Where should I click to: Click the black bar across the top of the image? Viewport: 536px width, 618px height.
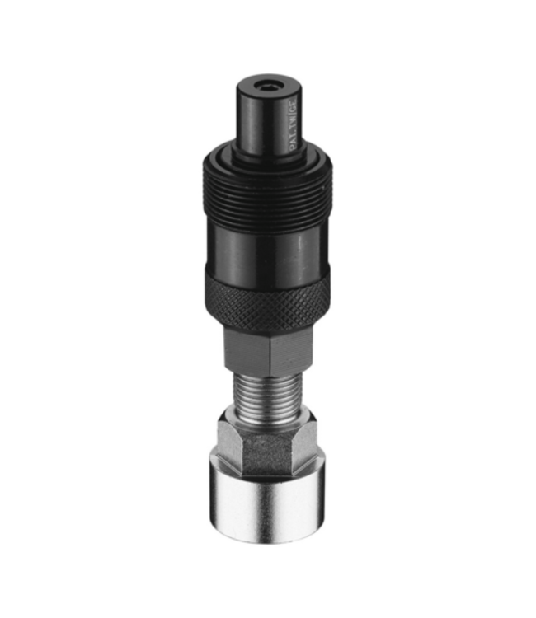point(268,21)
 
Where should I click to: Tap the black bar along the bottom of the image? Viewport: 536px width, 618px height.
point(268,597)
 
